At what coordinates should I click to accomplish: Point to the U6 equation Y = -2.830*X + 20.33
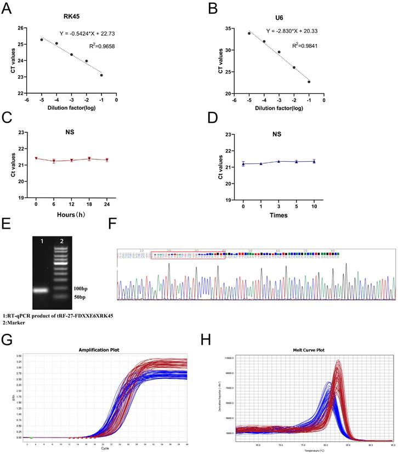pos(299,31)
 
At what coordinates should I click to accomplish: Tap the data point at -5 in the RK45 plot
pos(42,39)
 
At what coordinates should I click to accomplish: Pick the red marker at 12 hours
pos(72,160)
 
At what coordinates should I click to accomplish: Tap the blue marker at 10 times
pos(314,161)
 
